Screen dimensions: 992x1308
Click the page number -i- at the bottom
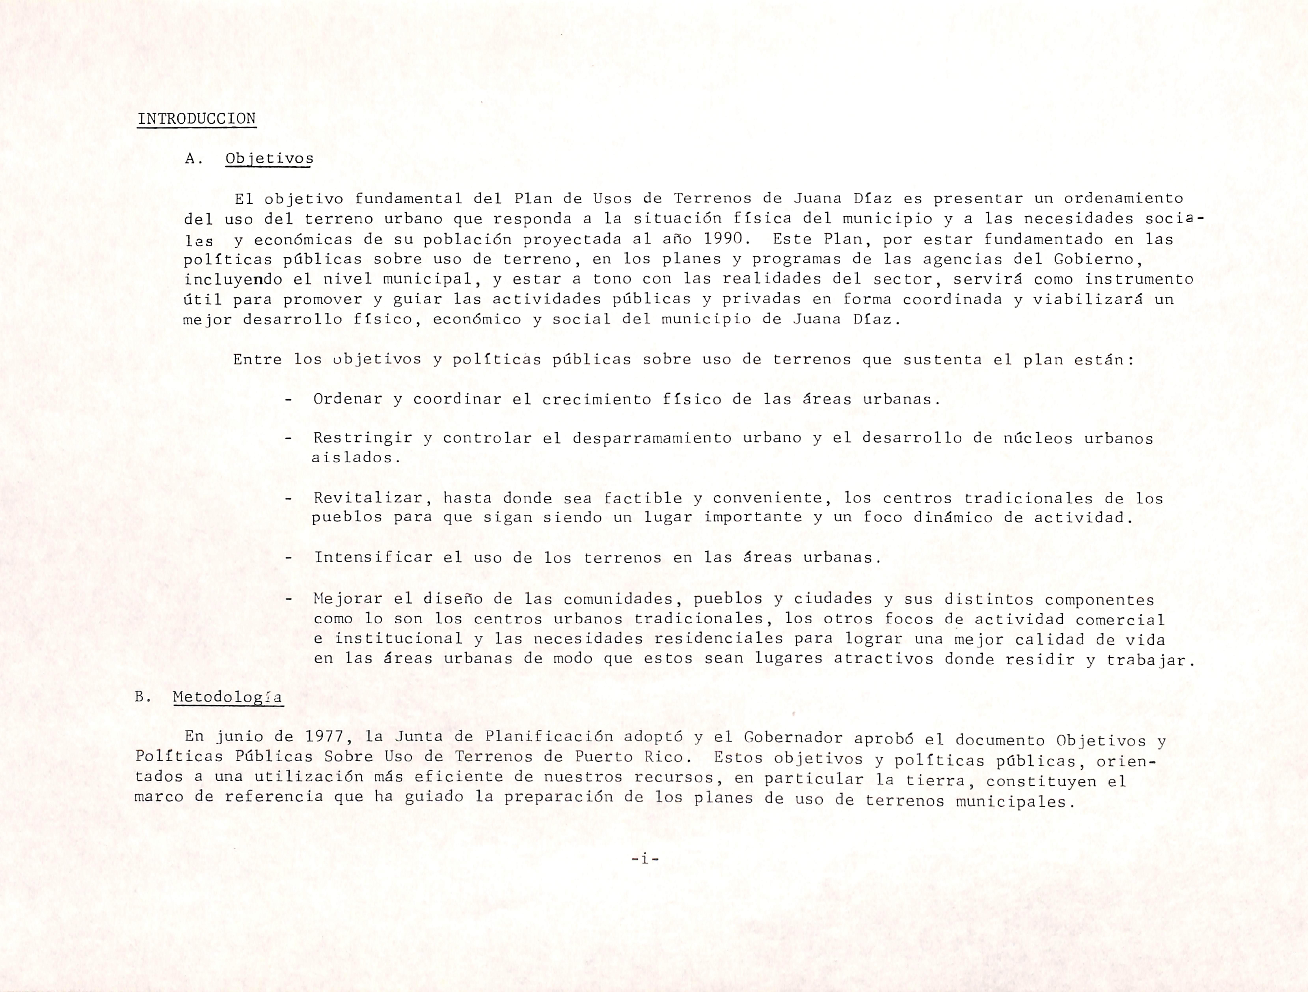pyautogui.click(x=645, y=858)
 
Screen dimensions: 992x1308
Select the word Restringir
pyautogui.click(x=362, y=438)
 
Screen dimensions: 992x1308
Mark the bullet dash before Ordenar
pyautogui.click(x=289, y=400)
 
